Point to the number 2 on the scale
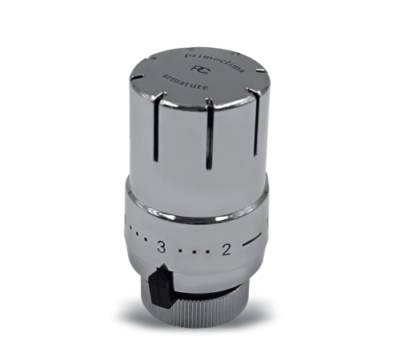pos(226,249)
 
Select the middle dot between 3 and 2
pos(194,251)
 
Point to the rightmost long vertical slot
pos(256,120)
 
